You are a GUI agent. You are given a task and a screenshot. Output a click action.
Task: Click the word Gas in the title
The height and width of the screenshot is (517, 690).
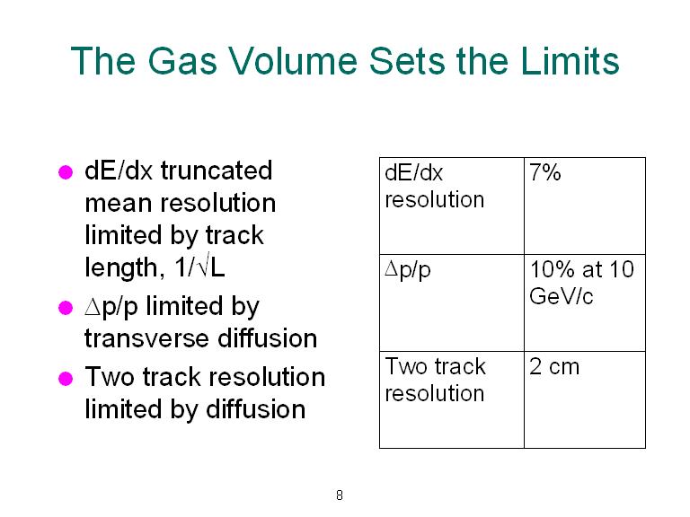[182, 61]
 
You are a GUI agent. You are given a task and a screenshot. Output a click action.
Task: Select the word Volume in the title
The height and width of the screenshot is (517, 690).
[293, 61]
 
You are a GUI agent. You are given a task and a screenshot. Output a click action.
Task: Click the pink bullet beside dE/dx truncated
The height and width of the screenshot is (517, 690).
[66, 172]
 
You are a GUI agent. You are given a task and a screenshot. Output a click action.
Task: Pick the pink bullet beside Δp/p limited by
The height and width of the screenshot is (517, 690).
[66, 308]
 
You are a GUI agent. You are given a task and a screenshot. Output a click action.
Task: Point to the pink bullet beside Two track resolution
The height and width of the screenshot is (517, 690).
[66, 378]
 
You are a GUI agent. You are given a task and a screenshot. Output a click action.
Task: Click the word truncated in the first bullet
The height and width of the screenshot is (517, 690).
[217, 171]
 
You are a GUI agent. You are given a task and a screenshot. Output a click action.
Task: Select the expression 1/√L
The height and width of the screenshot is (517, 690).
[199, 267]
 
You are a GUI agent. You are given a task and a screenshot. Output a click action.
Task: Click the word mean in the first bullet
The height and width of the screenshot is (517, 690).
[119, 204]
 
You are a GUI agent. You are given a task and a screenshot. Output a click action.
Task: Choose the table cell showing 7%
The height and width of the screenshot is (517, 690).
[585, 206]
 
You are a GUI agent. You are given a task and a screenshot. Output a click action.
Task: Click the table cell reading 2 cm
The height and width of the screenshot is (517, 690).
[585, 399]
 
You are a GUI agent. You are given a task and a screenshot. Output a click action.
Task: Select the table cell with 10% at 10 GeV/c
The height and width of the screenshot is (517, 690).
[585, 302]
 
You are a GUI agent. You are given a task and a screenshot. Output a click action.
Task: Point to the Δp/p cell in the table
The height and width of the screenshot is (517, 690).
[452, 302]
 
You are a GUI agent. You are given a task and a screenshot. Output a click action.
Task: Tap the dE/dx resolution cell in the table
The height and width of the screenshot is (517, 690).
[452, 206]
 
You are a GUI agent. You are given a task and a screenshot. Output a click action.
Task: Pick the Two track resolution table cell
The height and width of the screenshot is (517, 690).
[452, 399]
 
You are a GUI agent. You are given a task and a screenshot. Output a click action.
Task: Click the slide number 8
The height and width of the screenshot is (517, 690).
[340, 495]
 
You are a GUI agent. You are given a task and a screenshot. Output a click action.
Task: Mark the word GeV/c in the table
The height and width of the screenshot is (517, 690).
[561, 296]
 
